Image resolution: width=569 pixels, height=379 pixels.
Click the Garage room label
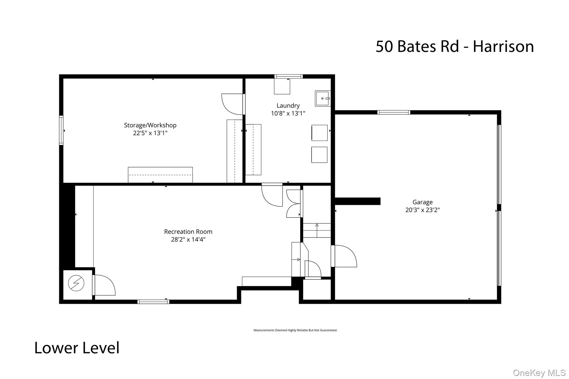pos(422,202)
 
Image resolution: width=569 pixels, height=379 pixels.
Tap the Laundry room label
pos(288,106)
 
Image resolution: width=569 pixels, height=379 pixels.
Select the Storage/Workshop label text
pos(150,125)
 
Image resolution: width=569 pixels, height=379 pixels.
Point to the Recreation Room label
pos(188,231)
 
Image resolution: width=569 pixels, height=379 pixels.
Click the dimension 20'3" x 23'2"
pos(422,210)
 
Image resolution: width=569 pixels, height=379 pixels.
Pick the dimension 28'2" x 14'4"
pos(188,239)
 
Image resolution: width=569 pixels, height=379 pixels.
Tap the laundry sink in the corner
pos(323,98)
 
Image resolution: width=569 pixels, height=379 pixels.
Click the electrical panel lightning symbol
pos(76,283)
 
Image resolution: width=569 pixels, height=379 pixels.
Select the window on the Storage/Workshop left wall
pos(61,130)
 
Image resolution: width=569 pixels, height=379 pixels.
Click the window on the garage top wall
pos(394,112)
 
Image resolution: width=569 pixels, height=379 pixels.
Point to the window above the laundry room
pos(288,76)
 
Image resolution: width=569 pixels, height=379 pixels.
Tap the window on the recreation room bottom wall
pos(153,302)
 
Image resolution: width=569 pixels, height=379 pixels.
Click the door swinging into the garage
pos(344,256)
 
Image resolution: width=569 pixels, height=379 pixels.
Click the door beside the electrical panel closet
pos(104,285)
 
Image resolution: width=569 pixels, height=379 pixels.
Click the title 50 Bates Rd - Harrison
pos(455,46)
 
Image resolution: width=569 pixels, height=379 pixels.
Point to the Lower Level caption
pos(77,348)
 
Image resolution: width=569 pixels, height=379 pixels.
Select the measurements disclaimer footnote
pos(295,330)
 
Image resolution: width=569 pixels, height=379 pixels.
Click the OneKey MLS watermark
pos(539,373)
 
